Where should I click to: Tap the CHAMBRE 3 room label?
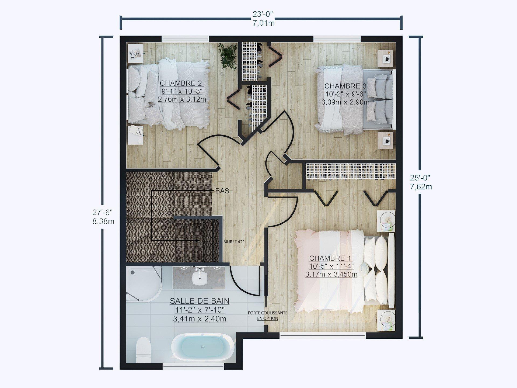tap(345, 86)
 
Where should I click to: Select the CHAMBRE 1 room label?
tap(330, 258)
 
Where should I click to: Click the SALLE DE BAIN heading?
tap(200, 301)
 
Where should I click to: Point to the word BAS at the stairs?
tap(222, 191)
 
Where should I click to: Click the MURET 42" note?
tap(233, 242)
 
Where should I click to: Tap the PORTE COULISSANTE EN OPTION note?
tap(267, 316)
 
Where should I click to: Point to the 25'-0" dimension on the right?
tap(420, 178)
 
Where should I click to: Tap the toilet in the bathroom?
tap(143, 350)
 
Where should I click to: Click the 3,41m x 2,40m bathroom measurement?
tap(200, 319)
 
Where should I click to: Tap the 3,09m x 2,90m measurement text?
tap(345, 102)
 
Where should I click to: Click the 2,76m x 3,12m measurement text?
tap(182, 99)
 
